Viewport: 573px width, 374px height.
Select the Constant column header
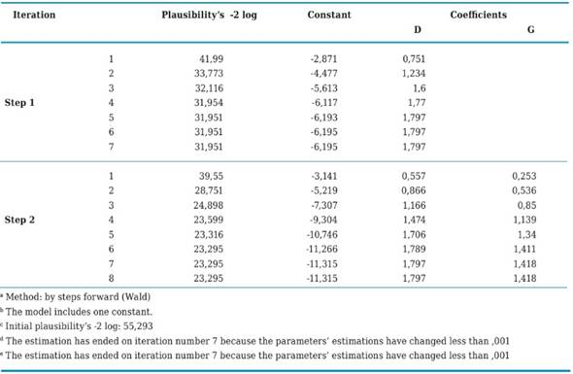pyautogui.click(x=329, y=16)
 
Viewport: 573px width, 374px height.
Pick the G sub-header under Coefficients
pyautogui.click(x=530, y=29)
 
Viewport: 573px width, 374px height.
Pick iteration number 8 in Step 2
pyautogui.click(x=112, y=277)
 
